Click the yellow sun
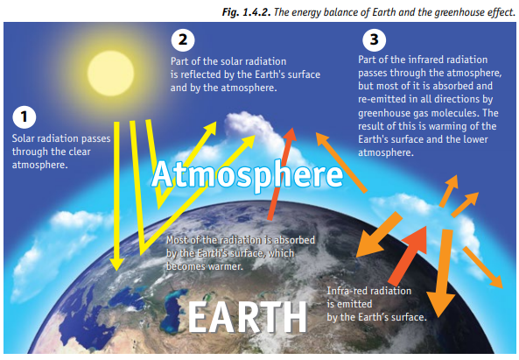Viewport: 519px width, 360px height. (111, 74)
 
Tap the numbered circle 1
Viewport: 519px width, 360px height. (25, 116)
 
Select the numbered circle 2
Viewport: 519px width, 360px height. (183, 40)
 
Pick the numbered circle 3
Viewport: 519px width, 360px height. (374, 40)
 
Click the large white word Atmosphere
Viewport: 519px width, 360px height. (248, 174)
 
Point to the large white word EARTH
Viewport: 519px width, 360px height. (248, 317)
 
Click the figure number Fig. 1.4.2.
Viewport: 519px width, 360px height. (246, 12)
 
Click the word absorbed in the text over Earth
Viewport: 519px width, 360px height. (293, 240)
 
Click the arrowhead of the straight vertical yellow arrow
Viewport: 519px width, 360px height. (116, 264)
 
